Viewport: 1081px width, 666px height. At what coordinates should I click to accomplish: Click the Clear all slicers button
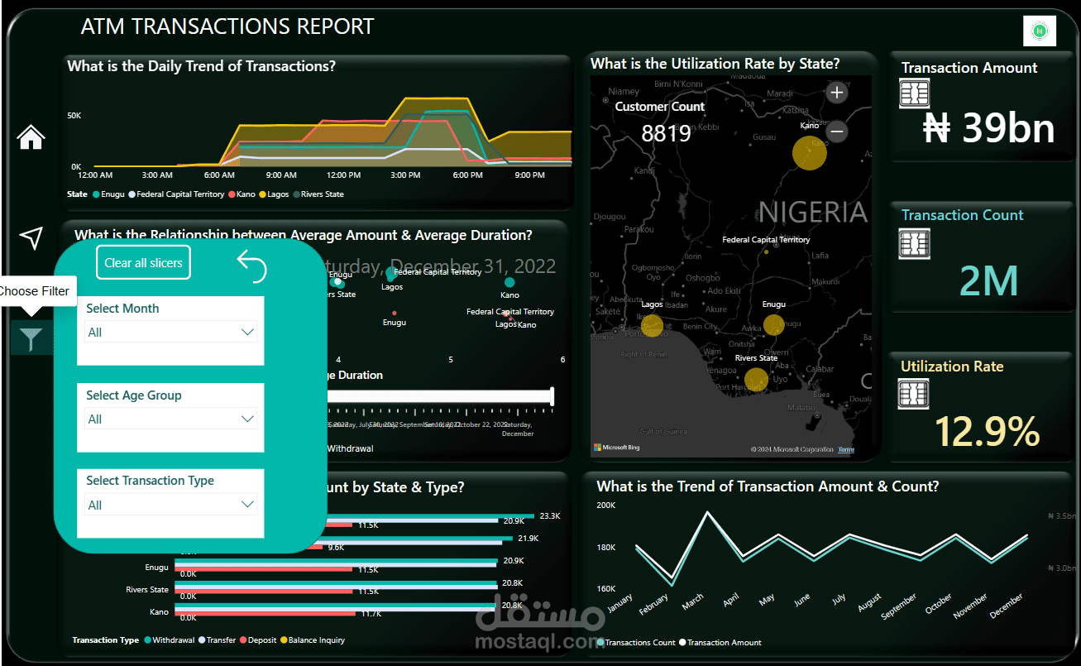[143, 263]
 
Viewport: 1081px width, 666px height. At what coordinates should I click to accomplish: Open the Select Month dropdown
[171, 332]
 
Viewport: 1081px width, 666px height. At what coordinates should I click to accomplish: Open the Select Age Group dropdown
[171, 419]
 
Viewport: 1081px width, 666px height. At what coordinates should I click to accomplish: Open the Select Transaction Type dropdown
[171, 505]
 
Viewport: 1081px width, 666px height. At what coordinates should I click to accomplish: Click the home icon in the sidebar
[31, 137]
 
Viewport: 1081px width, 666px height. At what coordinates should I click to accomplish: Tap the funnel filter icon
[31, 339]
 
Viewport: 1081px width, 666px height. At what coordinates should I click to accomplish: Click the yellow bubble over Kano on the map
[810, 153]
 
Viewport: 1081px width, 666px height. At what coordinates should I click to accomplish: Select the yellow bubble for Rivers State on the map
[756, 380]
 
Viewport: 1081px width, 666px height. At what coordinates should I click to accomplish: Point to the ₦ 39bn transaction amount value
[988, 129]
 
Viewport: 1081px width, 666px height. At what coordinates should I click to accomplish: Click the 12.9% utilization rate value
[987, 432]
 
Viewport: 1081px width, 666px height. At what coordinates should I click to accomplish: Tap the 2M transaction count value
[989, 281]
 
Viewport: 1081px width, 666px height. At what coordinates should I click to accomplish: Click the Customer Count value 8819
[666, 133]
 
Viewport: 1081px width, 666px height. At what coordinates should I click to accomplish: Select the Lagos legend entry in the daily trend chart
[275, 194]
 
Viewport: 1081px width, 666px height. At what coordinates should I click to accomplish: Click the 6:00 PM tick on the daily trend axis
[467, 175]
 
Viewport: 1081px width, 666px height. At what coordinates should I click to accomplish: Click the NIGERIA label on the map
[812, 213]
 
